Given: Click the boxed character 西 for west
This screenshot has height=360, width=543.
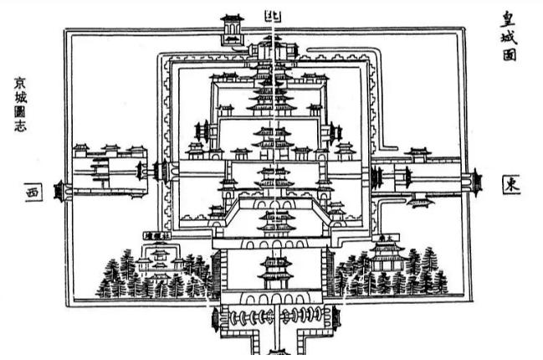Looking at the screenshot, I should click(33, 192).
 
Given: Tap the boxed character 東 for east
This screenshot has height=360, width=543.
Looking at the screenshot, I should click(510, 185).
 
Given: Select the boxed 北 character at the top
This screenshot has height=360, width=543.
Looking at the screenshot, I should click(274, 14).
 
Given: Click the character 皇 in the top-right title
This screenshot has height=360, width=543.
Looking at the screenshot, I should click(508, 16).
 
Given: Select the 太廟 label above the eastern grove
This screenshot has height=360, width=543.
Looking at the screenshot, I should click(386, 238).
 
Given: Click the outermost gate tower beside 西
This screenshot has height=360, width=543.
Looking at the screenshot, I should click(59, 190).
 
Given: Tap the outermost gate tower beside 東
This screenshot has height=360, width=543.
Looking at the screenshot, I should click(477, 180).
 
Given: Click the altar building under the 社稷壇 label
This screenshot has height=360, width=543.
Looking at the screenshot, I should click(157, 263).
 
